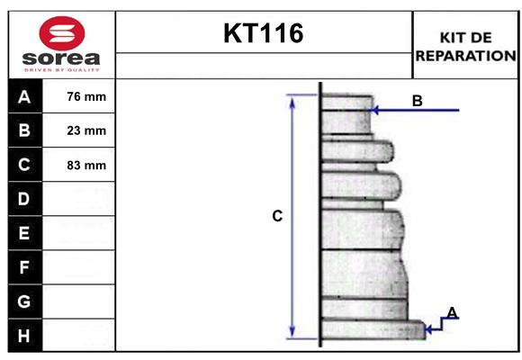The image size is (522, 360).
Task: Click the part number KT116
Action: tap(264, 33)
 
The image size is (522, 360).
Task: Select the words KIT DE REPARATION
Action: tap(465, 46)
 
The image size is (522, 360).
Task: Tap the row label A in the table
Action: tap(24, 96)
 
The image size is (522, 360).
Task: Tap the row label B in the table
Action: tap(24, 130)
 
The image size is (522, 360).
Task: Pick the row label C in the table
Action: tap(24, 165)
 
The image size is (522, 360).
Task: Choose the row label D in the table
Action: tap(24, 198)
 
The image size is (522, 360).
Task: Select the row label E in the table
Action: tap(24, 233)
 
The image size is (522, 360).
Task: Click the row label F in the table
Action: tap(24, 267)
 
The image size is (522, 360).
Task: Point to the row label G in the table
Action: tap(24, 301)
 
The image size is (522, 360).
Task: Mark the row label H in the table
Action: tap(24, 336)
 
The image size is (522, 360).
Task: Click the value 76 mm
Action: tap(86, 96)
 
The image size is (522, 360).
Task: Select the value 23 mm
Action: tap(86, 130)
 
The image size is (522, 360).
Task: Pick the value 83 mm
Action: tap(86, 166)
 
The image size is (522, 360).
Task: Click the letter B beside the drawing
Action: tap(417, 101)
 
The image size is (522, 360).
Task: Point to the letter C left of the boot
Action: tap(277, 216)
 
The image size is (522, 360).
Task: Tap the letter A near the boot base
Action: tap(452, 312)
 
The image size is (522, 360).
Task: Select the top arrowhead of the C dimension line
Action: tap(292, 99)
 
